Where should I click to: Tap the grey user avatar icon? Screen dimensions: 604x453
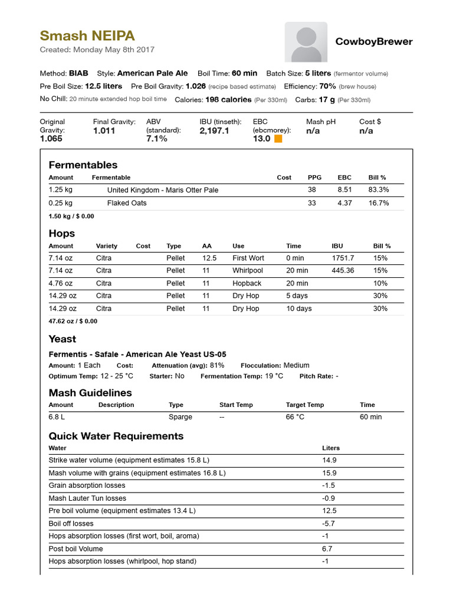(x=306, y=42)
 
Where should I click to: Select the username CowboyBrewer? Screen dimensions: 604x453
(x=374, y=41)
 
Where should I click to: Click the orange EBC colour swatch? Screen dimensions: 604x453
(x=278, y=139)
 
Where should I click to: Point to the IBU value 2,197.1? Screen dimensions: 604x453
(x=214, y=130)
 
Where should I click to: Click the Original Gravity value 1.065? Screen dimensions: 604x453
(x=51, y=139)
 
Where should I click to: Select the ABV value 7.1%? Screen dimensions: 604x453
(x=156, y=139)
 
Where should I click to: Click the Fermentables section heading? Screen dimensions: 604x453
(x=83, y=165)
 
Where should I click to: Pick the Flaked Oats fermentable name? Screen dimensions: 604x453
(x=127, y=203)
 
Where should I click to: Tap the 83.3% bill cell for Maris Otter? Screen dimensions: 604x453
(x=379, y=190)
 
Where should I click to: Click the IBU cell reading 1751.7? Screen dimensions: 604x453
(x=343, y=258)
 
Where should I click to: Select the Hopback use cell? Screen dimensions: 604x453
(x=247, y=283)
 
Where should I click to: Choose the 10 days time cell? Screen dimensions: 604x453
(x=299, y=308)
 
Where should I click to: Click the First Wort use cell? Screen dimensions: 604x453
(x=248, y=258)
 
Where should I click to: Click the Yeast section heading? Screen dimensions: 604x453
(x=63, y=339)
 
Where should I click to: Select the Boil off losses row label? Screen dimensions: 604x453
(x=71, y=523)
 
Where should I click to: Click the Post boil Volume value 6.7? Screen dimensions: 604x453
(x=327, y=549)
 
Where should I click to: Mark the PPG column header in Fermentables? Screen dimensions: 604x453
(x=314, y=178)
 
